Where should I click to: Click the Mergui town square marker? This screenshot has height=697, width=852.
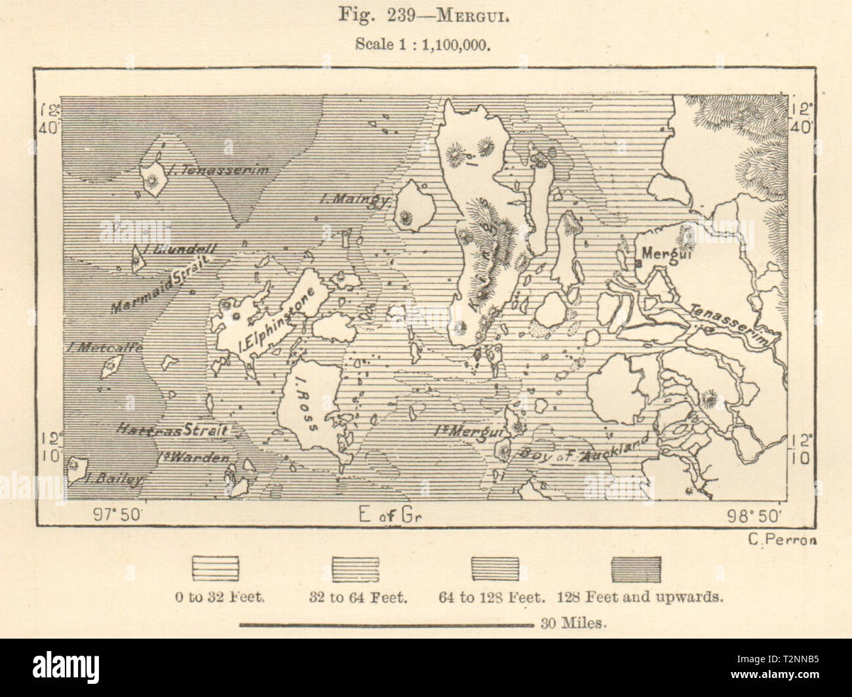(637, 264)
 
